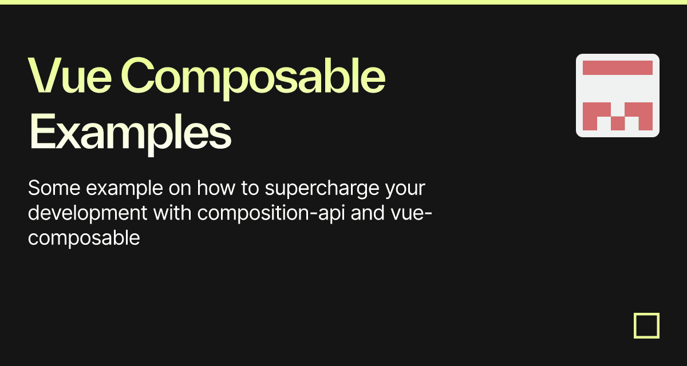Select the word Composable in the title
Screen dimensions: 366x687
click(252, 77)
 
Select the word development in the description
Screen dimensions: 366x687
click(86, 213)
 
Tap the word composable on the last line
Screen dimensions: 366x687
click(84, 237)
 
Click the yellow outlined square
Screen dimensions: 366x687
click(646, 326)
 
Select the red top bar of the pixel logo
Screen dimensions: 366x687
click(617, 67)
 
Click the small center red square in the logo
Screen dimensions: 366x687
click(617, 123)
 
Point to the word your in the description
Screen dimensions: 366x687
click(408, 188)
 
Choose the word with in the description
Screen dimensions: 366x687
click(172, 213)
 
